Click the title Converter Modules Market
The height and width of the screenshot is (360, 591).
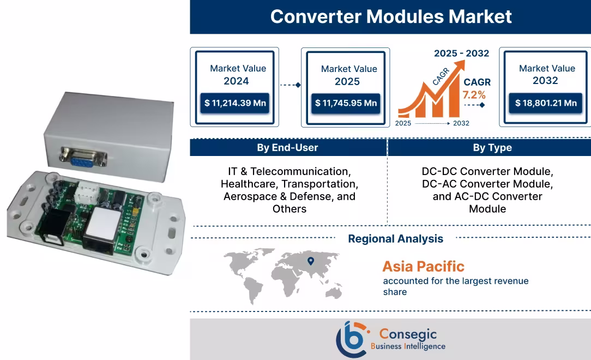(390, 16)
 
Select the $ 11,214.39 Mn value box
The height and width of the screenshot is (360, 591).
(234, 103)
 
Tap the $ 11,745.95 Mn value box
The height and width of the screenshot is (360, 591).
(346, 103)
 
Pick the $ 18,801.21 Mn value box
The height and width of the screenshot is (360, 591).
(546, 103)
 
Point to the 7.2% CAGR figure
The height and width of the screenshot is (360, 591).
(474, 95)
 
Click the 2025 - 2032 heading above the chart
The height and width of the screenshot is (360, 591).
(461, 53)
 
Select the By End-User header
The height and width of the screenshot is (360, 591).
(287, 148)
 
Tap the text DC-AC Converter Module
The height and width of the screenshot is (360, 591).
(487, 184)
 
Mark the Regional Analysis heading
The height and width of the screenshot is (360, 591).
(395, 238)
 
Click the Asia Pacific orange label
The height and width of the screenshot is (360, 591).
(423, 266)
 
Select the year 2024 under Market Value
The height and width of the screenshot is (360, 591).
(236, 81)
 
